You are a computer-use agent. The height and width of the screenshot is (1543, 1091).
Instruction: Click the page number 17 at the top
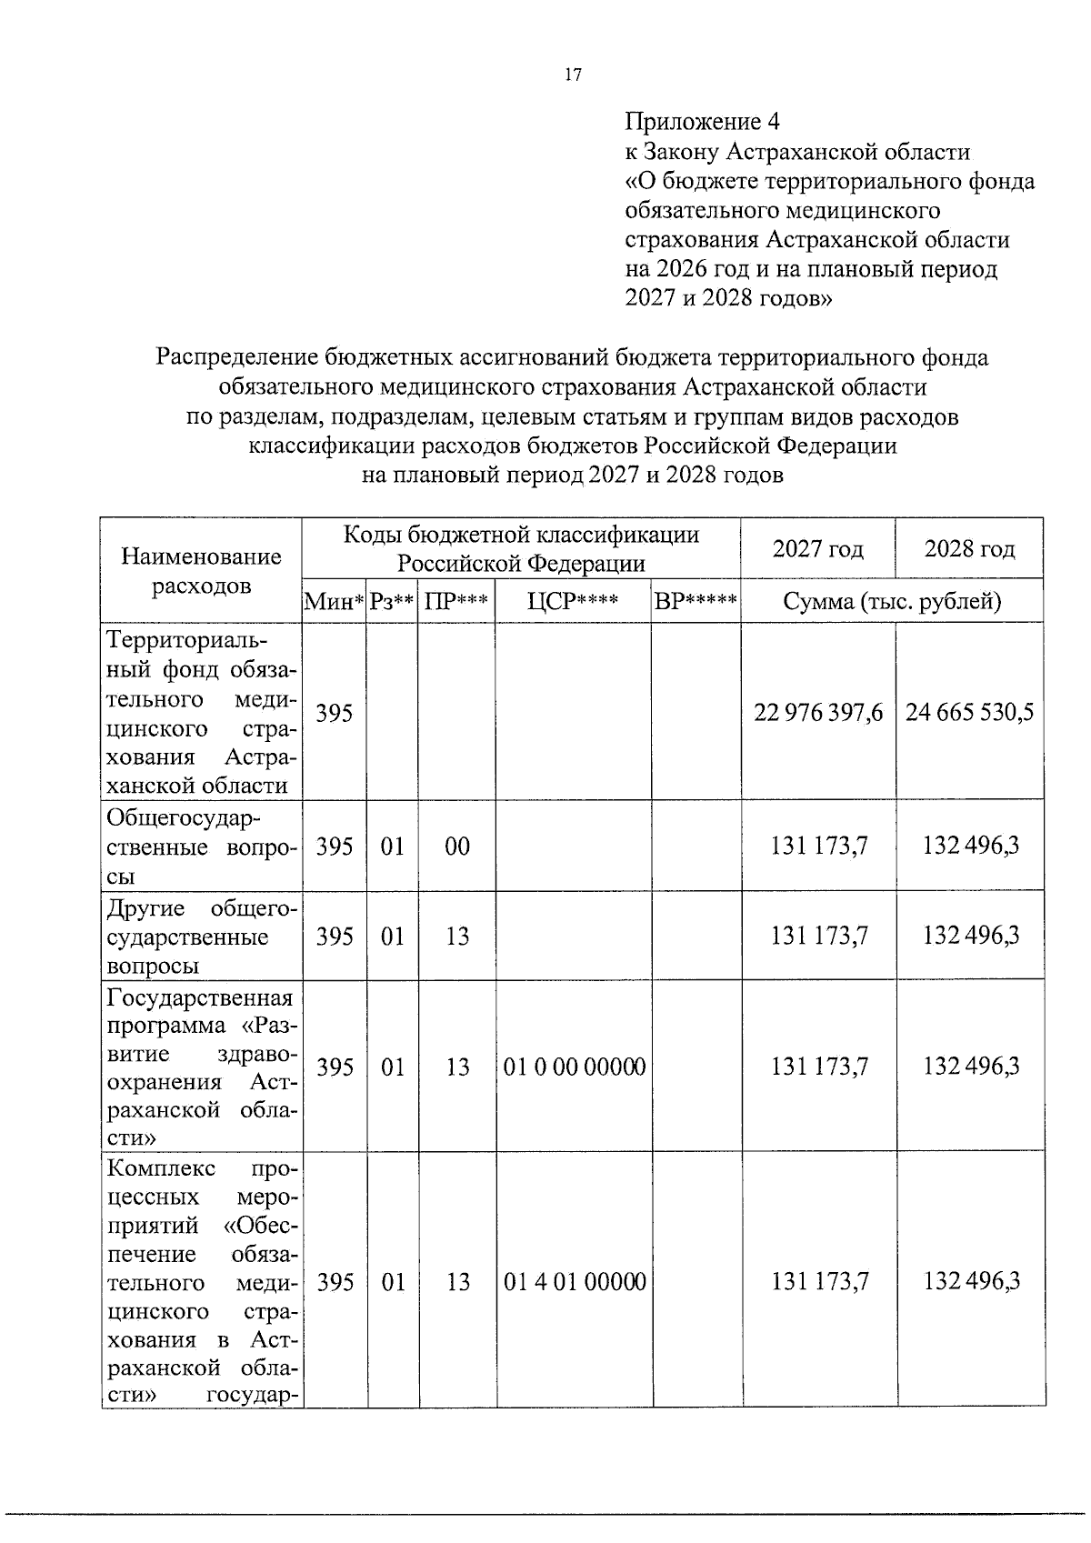572,75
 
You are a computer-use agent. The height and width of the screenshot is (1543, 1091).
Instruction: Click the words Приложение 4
702,122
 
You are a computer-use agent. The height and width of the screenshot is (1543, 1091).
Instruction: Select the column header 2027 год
817,549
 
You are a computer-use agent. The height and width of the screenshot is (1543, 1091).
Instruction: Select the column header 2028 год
969,549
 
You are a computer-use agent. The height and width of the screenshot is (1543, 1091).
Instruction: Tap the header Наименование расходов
201,570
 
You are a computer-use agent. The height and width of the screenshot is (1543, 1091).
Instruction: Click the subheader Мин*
335,602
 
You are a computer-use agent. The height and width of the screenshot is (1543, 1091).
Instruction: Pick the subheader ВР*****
696,602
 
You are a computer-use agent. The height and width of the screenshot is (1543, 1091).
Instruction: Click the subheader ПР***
456,602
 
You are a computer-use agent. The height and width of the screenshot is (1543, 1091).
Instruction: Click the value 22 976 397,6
817,712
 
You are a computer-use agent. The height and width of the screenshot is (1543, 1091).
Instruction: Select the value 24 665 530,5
969,712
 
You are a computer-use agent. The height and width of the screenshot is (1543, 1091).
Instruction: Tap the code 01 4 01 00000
574,1283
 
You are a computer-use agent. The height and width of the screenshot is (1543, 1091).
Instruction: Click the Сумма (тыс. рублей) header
892,602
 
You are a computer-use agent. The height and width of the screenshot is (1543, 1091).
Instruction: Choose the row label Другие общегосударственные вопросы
201,937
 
